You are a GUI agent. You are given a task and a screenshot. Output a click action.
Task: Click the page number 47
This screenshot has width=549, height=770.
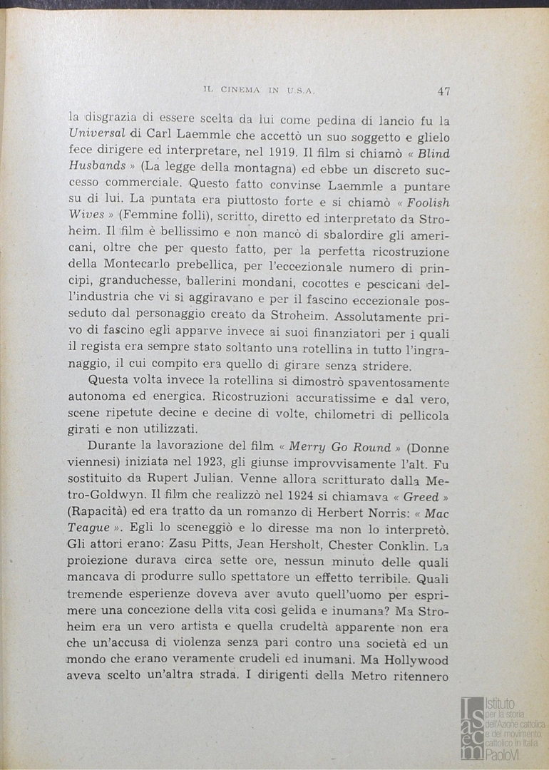pyautogui.click(x=443, y=91)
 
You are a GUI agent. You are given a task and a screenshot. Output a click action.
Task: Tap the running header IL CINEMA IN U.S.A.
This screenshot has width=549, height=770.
pyautogui.click(x=259, y=91)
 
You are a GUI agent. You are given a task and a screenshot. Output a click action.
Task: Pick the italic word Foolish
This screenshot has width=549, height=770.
pyautogui.click(x=424, y=202)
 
